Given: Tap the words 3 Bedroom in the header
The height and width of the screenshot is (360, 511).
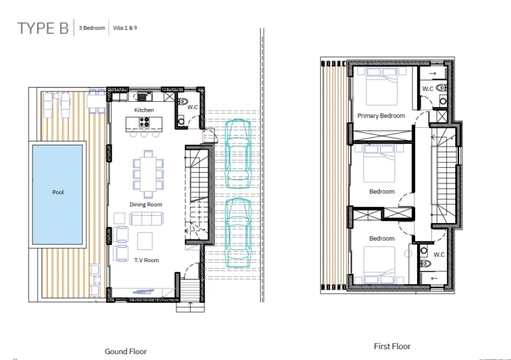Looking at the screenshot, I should click(x=92, y=28).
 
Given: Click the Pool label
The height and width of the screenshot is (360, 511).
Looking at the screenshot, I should click(x=58, y=193).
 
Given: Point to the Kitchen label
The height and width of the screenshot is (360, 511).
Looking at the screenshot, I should click(x=144, y=110).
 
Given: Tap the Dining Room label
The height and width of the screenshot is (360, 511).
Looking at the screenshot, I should click(x=146, y=204).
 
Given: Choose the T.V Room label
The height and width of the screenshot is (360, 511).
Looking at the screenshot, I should click(x=146, y=261).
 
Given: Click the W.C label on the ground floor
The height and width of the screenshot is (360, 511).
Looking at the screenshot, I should click(x=192, y=106).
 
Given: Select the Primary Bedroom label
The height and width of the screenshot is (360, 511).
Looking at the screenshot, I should click(x=381, y=116).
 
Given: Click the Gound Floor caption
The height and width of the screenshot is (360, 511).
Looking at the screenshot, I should click(x=126, y=351).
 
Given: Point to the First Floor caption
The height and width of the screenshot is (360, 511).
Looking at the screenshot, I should click(x=392, y=346).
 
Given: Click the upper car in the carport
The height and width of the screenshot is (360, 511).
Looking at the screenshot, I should click(x=238, y=154).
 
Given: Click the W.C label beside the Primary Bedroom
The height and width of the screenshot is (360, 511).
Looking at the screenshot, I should click(x=428, y=89).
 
